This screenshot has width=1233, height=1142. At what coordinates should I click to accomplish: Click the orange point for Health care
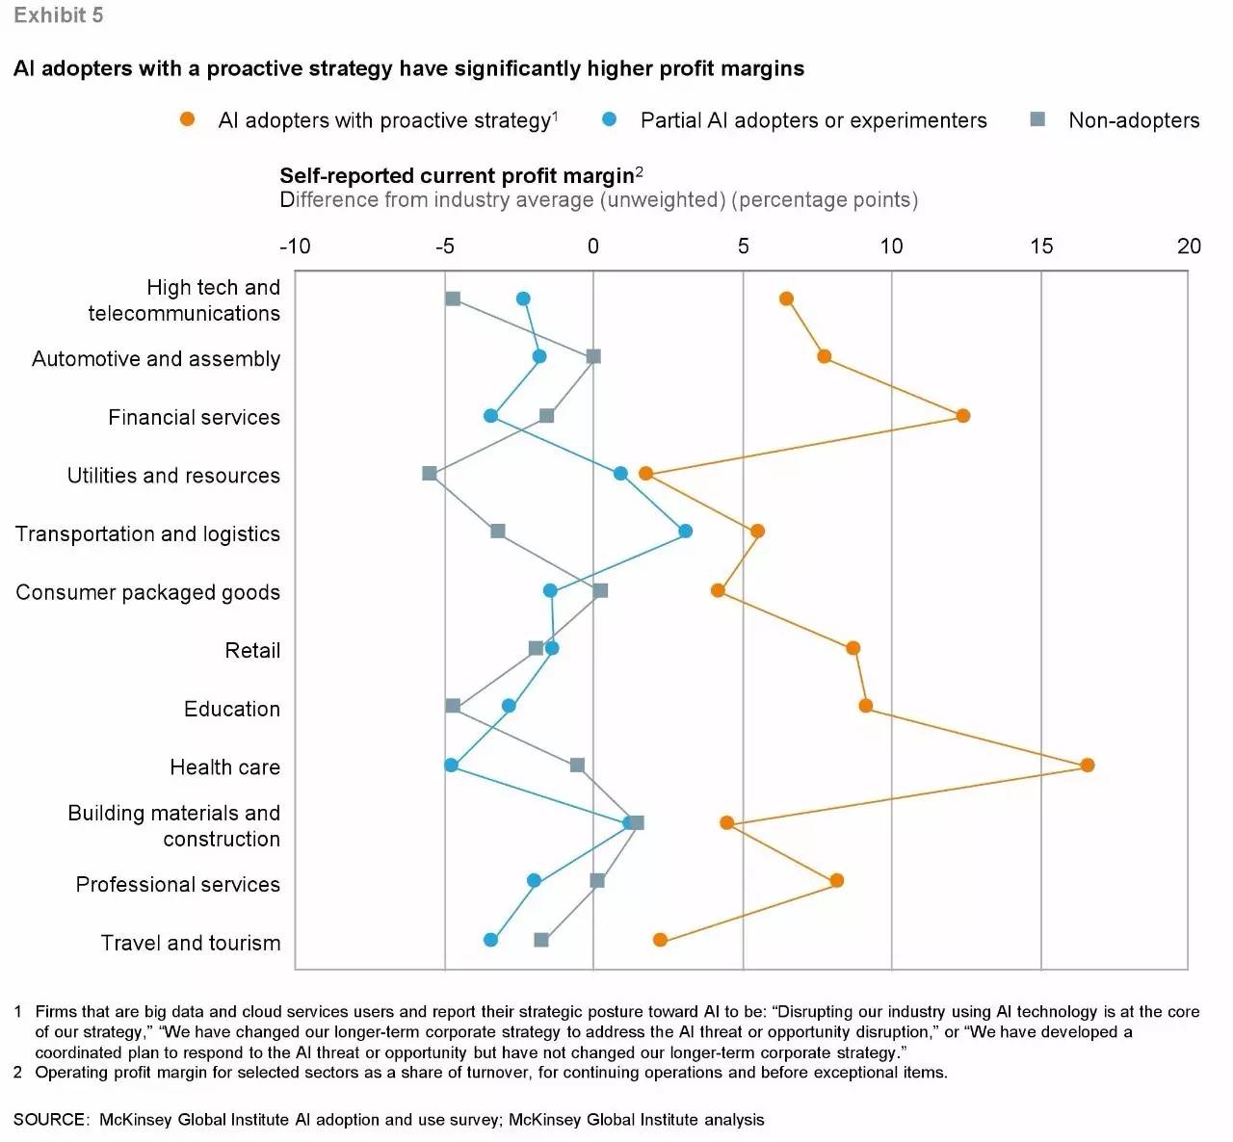tap(1087, 766)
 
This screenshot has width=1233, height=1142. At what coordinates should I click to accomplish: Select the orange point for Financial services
tap(962, 416)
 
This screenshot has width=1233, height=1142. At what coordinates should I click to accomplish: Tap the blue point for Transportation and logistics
tap(685, 532)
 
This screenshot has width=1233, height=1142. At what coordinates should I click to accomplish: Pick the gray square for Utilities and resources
tap(430, 474)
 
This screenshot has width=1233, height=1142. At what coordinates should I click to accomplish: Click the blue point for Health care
tap(451, 766)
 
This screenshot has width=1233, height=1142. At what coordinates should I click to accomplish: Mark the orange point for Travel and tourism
tap(660, 940)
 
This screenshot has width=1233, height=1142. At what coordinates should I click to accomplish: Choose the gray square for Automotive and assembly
tap(593, 356)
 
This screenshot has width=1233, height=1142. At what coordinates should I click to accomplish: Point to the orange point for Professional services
tap(836, 881)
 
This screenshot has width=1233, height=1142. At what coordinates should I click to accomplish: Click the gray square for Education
tap(453, 706)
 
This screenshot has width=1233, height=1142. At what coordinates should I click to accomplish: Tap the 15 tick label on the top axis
tap(1041, 247)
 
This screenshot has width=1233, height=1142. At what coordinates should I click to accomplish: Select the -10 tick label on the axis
tap(295, 247)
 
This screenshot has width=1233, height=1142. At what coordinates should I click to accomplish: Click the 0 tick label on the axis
tap(593, 247)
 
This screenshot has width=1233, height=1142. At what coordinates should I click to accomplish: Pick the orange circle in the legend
tap(187, 119)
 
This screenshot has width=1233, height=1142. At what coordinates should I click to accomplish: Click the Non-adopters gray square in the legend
tap(1037, 119)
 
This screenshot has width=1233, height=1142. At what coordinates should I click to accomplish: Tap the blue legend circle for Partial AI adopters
tap(609, 119)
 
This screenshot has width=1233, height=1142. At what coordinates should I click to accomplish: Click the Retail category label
tap(252, 651)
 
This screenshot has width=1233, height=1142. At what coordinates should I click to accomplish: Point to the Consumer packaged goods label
tap(147, 592)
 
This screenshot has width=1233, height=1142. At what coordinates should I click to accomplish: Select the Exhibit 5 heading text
tap(58, 15)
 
